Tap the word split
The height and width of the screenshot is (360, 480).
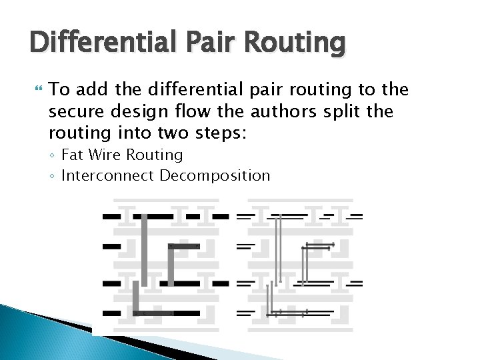364,111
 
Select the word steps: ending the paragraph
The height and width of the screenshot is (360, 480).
221,133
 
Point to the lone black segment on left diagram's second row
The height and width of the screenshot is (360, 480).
111,246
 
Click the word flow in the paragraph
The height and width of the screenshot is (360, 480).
197,111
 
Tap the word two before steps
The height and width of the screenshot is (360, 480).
177,133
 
